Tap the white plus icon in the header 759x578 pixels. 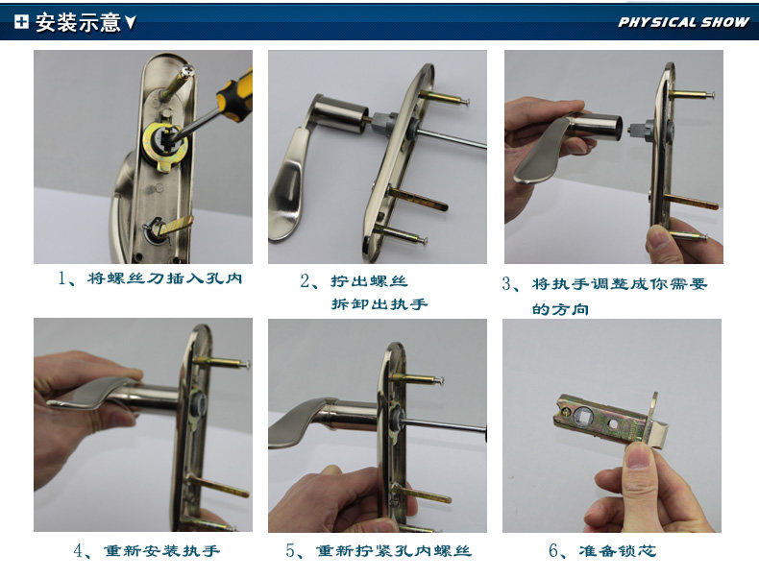tap(21, 21)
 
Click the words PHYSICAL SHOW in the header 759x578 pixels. tap(683, 22)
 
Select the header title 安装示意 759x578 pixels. tap(78, 22)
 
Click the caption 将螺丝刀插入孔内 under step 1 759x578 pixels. tap(164, 278)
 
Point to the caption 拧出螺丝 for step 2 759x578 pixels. tap(369, 281)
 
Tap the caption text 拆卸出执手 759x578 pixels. tap(379, 304)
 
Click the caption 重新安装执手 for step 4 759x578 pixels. tap(162, 551)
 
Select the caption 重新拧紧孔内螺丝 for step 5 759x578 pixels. tap(394, 551)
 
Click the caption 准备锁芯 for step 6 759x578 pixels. tap(618, 550)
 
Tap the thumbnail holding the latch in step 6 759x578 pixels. tap(639, 454)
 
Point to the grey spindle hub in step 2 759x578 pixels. tap(386, 124)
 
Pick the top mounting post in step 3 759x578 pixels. tap(691, 95)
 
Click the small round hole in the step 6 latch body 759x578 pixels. tap(613, 424)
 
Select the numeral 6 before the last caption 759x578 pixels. tap(554, 550)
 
